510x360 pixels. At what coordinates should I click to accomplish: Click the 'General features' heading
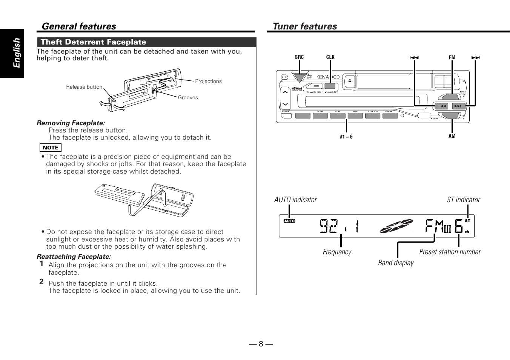pos(79,26)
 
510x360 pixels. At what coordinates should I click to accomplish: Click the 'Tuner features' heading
pos(305,26)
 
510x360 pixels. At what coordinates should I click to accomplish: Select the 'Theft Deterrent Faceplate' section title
pos(93,42)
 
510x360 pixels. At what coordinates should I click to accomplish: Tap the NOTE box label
pos(51,148)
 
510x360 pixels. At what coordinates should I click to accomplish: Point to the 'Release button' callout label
pos(84,87)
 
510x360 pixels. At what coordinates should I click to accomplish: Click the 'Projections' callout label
pos(208,81)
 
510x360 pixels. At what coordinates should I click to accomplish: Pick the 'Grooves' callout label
pos(188,97)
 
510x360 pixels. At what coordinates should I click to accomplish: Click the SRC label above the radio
pos(299,57)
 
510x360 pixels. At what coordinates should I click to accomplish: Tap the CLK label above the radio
pos(330,57)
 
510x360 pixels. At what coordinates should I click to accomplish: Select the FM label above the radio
pos(452,57)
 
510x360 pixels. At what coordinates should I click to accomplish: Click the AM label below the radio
pos(452,136)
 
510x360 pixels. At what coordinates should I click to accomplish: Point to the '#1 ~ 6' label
pos(346,137)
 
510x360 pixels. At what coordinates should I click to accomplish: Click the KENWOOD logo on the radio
pos(328,77)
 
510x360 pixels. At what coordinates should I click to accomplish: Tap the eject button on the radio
pos(350,80)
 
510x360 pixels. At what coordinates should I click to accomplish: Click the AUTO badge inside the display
pos(289,221)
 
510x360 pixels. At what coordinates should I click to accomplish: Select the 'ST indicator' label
pos(463,200)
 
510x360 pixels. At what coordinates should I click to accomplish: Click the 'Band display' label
pos(396,263)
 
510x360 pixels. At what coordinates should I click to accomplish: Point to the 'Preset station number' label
pos(450,252)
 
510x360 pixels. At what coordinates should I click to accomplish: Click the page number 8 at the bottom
pos(261,344)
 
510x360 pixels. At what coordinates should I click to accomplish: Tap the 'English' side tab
pos(17,53)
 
